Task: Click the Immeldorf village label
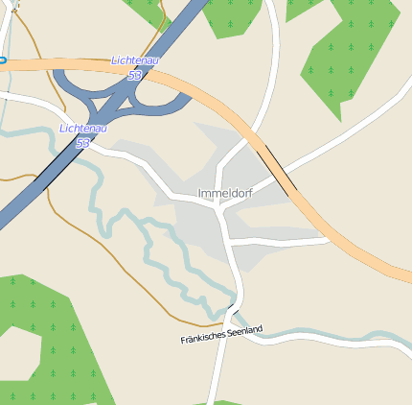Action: pos(224,193)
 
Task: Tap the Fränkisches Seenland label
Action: pos(221,335)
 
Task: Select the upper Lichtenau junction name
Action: pos(135,60)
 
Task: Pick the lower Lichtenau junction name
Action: pos(82,129)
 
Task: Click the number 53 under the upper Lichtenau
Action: pos(134,74)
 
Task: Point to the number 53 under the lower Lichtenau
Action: pos(82,142)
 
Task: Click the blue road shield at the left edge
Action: pos(2,60)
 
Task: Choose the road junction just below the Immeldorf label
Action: pos(221,209)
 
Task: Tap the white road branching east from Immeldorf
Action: pos(278,239)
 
